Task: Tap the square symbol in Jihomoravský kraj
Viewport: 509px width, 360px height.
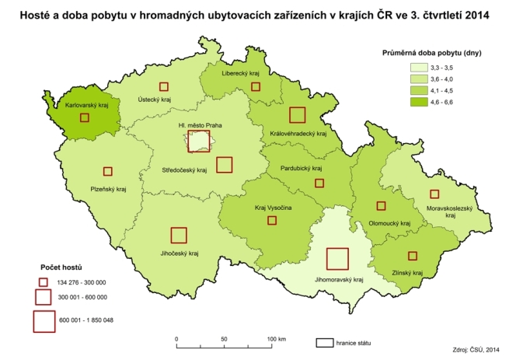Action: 337,259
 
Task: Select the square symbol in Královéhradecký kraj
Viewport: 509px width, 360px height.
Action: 297,115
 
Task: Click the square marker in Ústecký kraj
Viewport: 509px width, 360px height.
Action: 163,86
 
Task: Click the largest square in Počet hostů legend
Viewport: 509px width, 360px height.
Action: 44,321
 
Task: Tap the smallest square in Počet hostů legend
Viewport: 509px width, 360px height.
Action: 44,281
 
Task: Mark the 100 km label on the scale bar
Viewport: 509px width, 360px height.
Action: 276,340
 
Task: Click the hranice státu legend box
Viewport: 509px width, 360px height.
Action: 324,341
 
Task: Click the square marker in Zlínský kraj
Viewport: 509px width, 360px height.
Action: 412,256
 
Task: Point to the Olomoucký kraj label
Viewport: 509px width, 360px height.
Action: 389,223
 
